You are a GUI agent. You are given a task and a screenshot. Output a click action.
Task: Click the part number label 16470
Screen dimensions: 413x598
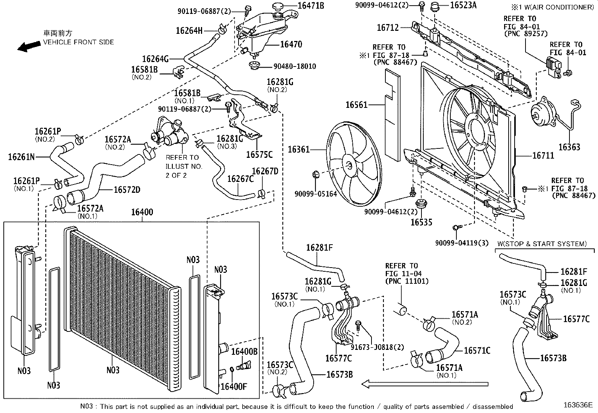click(291, 44)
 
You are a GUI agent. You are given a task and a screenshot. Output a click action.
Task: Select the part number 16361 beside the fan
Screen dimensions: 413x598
click(299, 150)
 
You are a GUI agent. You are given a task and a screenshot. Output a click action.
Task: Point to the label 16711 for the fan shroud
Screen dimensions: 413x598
click(543, 155)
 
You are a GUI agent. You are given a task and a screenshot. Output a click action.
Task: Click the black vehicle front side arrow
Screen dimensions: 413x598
click(30, 46)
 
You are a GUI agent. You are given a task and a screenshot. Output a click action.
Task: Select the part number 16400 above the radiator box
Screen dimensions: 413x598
click(142, 212)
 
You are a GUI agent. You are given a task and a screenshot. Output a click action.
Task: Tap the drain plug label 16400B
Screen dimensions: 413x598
click(244, 352)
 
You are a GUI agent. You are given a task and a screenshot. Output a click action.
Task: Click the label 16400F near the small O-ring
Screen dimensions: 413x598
click(234, 386)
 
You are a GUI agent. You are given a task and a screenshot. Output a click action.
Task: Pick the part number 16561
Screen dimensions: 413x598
click(356, 105)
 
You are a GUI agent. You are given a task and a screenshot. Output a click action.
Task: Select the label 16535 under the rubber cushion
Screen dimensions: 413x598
click(421, 222)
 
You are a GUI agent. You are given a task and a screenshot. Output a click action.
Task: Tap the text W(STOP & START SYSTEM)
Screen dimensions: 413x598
click(542, 244)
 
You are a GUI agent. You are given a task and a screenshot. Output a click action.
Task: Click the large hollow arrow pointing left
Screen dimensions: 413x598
click(424, 384)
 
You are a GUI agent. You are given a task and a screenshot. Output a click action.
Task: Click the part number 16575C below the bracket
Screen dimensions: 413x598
click(259, 154)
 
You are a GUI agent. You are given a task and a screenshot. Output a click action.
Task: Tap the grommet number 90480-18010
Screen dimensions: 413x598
click(294, 66)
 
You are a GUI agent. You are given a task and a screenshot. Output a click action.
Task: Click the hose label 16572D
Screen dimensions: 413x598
click(127, 190)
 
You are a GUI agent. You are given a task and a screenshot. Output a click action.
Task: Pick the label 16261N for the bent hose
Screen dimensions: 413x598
click(21, 156)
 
